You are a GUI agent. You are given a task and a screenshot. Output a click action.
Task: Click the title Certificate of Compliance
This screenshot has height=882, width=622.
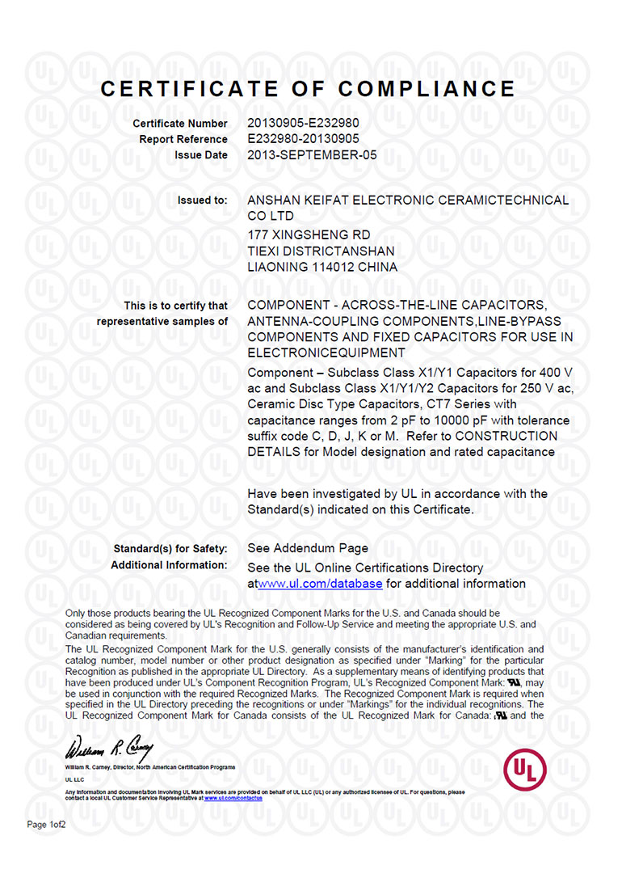(308, 89)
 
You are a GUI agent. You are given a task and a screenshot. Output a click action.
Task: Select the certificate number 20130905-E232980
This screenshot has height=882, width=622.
(303, 124)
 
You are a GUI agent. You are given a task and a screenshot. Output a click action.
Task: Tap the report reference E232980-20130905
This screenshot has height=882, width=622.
(303, 139)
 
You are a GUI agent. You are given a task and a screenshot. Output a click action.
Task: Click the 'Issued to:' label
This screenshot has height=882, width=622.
(202, 200)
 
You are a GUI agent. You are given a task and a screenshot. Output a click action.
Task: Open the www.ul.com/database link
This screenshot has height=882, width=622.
(320, 584)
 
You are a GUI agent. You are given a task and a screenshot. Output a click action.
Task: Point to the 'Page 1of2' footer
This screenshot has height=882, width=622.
(47, 825)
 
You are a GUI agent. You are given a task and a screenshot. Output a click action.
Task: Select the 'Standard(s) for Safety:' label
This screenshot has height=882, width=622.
(170, 549)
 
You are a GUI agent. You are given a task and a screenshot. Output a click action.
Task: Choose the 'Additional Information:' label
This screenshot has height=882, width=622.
(169, 565)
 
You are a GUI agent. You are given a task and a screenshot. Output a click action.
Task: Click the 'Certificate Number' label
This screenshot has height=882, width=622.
(180, 124)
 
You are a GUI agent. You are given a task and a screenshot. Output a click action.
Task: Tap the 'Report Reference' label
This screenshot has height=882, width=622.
(183, 139)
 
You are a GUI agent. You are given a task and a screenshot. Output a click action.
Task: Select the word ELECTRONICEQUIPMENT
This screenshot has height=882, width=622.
(326, 353)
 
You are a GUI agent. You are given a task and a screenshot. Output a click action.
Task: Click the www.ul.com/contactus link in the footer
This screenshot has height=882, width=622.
(232, 798)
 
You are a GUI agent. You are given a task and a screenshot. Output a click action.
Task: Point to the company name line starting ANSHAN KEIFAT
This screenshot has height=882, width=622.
(408, 200)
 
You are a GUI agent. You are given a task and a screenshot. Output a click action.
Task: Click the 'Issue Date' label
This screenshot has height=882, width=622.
(201, 154)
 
